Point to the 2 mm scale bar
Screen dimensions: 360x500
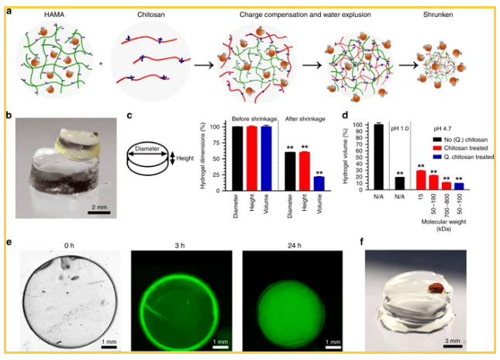point(97,207)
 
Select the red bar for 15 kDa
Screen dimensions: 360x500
point(421,180)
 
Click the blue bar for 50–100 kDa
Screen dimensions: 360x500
point(459,186)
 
